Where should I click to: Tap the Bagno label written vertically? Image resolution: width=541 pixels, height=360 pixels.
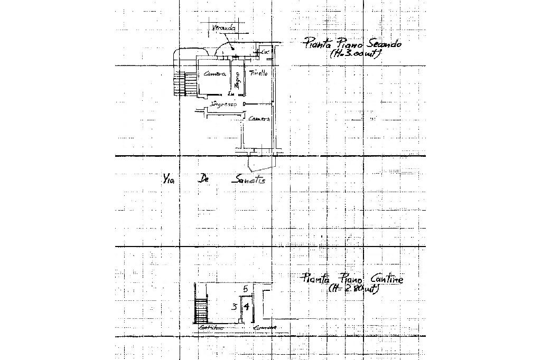coord(237,81)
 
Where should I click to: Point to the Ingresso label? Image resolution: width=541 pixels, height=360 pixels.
coord(224,105)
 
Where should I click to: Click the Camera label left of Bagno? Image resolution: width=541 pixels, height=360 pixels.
coord(215,74)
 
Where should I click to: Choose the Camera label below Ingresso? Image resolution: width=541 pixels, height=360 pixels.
coord(259,119)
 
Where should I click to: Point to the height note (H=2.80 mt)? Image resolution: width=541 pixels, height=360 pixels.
coord(352,289)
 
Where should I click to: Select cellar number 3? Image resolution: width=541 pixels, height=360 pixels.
coord(234,306)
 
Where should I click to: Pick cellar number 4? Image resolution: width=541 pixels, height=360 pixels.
coord(246,306)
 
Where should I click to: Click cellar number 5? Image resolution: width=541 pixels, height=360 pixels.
coord(245,289)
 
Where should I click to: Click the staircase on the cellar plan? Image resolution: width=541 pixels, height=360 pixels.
coord(201,309)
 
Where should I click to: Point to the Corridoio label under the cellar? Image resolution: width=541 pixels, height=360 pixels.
coord(211,328)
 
